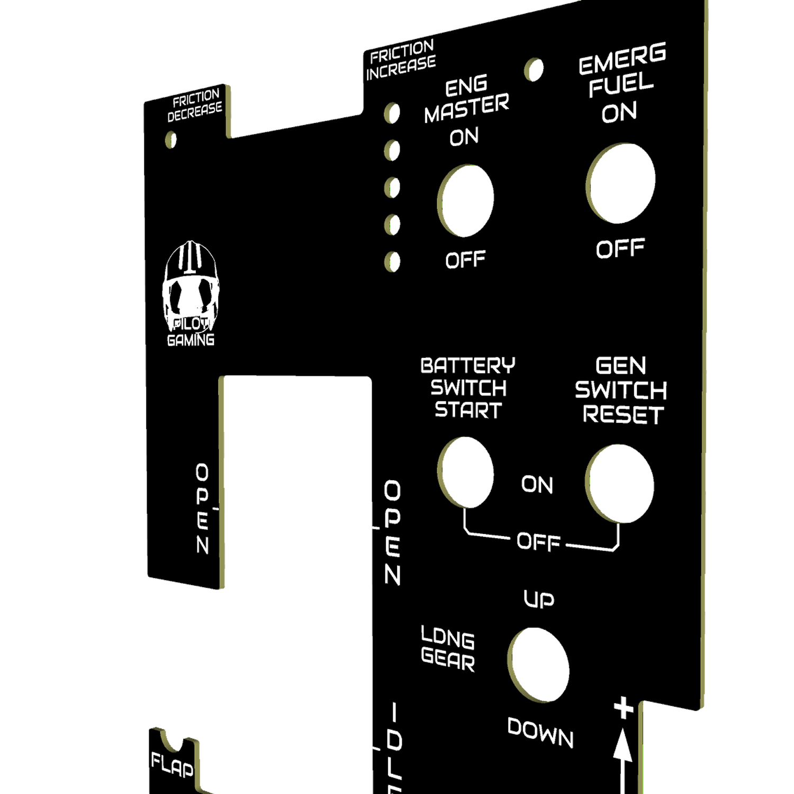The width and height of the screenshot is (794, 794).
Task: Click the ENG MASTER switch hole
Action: click(x=466, y=201)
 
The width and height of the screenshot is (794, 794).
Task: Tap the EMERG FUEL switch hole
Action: click(x=620, y=183)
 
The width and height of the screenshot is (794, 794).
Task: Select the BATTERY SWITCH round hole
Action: click(x=466, y=472)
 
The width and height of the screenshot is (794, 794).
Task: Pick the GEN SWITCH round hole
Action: click(x=619, y=484)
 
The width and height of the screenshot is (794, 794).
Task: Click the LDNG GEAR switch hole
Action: click(x=538, y=665)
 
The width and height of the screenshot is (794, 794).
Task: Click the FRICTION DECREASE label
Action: click(x=195, y=106)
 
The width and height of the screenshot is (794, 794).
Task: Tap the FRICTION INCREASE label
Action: click(x=401, y=60)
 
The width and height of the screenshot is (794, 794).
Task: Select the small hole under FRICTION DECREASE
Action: click(x=170, y=140)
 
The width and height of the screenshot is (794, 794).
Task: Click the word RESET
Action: click(x=623, y=414)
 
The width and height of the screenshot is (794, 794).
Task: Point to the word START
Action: click(x=468, y=410)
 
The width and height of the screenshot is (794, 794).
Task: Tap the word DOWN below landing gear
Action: click(x=540, y=733)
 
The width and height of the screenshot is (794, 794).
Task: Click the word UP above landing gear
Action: click(x=539, y=599)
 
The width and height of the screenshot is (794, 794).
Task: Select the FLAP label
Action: click(x=172, y=765)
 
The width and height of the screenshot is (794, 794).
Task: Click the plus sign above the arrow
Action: click(x=624, y=708)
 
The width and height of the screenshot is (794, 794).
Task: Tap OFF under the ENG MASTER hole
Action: click(x=465, y=260)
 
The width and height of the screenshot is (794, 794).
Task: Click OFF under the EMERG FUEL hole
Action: click(x=620, y=249)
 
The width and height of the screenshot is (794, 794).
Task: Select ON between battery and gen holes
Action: click(x=537, y=484)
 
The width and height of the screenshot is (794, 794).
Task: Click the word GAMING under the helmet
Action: click(x=191, y=340)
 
